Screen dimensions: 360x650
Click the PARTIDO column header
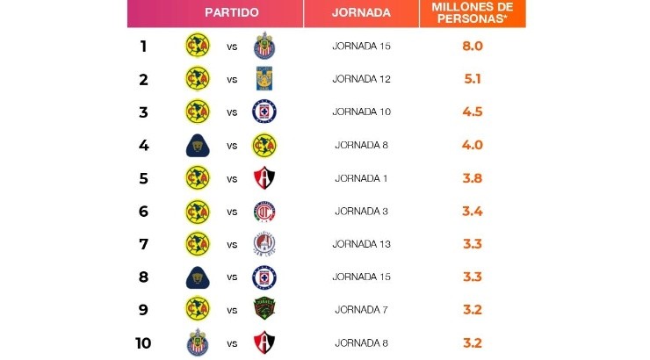coord(231,13)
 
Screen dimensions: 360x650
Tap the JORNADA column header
coord(361,13)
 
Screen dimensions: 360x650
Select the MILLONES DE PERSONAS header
coord(473,13)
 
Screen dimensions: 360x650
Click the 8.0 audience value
coord(473,46)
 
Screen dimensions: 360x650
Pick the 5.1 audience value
coord(473,79)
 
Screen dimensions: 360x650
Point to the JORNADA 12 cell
coord(361,79)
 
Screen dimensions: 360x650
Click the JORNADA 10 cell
coord(361,112)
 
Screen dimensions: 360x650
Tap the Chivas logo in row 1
coord(264,46)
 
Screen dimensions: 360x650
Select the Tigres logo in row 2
coord(264,79)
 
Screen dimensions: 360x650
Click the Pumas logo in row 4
coord(198,145)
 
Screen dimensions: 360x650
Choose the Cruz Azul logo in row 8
coord(264,277)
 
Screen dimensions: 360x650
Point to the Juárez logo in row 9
coord(264,309)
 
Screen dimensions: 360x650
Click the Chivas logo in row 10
coord(198,342)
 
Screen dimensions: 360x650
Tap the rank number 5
coord(143,177)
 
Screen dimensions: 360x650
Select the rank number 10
coord(143,342)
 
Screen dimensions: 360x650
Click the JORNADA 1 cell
coord(361,177)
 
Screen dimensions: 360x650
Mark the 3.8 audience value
coord(473,177)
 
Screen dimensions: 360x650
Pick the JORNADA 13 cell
coord(361,243)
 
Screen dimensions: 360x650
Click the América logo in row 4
coord(264,145)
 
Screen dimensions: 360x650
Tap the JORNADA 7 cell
coord(361,309)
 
